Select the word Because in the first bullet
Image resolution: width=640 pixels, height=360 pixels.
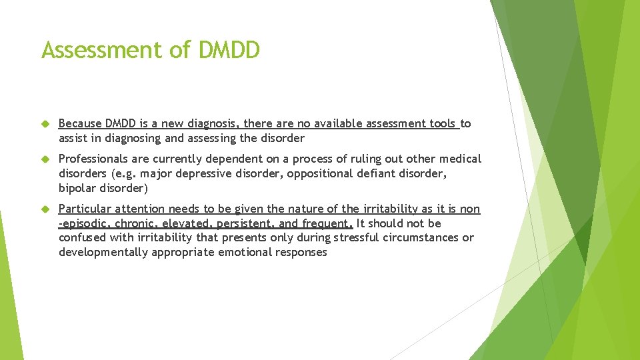[x=80, y=123]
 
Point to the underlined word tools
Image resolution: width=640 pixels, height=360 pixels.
[x=442, y=123]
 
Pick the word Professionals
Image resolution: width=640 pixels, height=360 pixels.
[x=92, y=159]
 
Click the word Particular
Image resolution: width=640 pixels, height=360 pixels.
[x=83, y=209]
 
